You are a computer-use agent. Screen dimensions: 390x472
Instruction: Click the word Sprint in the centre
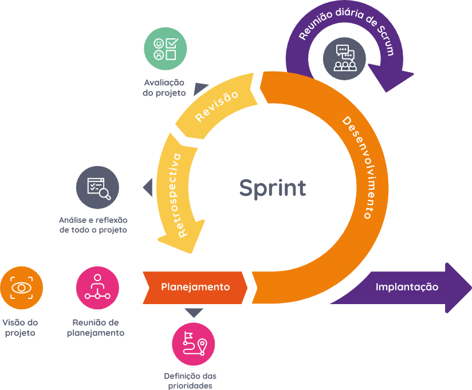click(x=272, y=188)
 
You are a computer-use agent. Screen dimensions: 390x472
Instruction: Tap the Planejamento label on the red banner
click(x=195, y=287)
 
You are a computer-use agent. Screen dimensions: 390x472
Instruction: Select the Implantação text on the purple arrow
click(x=407, y=287)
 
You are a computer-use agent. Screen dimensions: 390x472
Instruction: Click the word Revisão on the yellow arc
click(x=217, y=106)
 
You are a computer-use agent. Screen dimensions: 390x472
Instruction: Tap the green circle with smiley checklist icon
click(x=165, y=49)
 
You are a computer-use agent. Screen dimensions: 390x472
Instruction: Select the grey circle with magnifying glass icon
click(x=97, y=187)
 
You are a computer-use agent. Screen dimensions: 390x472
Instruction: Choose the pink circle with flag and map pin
click(x=193, y=344)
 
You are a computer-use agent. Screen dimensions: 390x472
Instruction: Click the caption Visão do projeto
click(x=21, y=328)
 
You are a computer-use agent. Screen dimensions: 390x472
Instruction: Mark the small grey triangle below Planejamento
click(x=194, y=312)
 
